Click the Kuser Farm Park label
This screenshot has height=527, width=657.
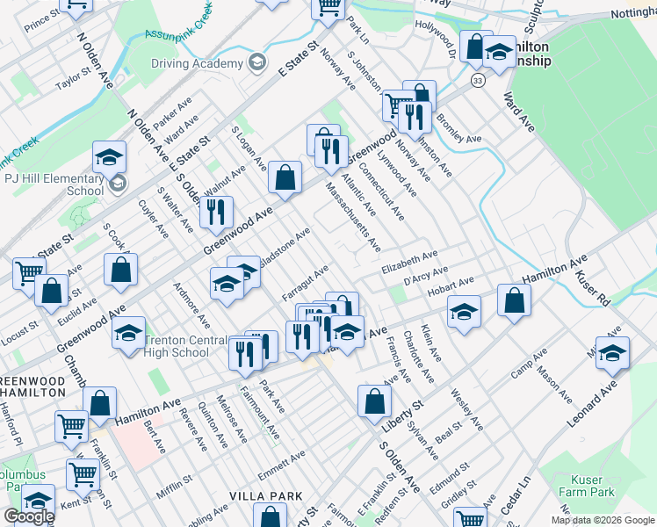pos(587,487)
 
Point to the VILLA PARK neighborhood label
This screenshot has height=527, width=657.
pos(266,496)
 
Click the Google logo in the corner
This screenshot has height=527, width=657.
pos(28,516)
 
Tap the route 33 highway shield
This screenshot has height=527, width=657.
pos(478,80)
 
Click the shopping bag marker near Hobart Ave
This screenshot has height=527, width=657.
pos(514,300)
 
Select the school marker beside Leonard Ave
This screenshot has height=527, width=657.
pos(612,352)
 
